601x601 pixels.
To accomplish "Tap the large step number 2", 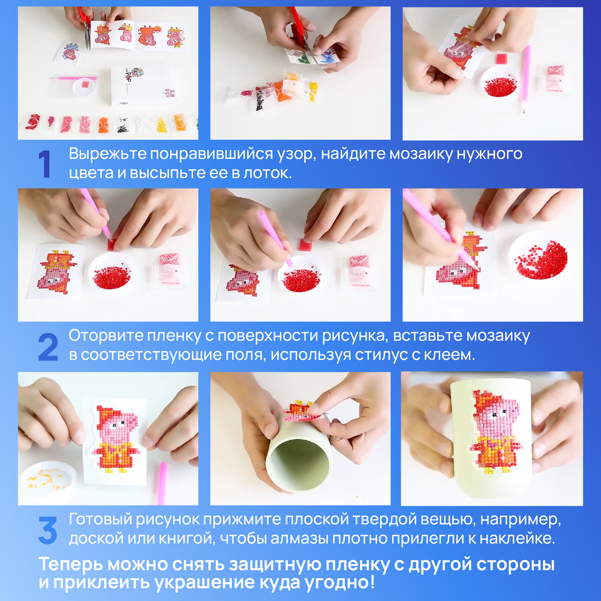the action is tap(48, 347).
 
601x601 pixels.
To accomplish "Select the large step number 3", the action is tap(48, 530).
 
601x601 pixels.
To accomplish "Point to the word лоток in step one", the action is tap(267, 173).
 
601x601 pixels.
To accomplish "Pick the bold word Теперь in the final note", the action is tap(71, 564).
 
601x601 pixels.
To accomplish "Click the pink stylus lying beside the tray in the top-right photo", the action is tap(525, 79).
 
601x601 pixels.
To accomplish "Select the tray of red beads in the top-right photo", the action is tap(500, 82).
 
